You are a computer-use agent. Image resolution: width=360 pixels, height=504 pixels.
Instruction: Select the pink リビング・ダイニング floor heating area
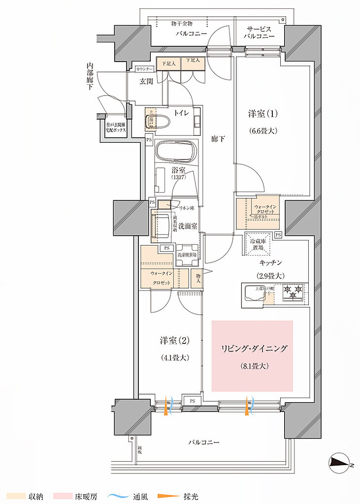[x=252, y=356]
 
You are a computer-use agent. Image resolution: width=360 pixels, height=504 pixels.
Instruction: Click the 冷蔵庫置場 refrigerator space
[x=259, y=244]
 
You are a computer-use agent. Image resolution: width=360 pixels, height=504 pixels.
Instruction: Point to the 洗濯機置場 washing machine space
[x=187, y=254]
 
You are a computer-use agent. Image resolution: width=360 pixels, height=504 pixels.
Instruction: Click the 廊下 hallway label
[x=218, y=139]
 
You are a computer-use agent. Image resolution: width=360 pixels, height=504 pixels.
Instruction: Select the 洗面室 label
[x=188, y=226]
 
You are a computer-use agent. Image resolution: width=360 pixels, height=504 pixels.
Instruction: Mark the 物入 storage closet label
[x=198, y=279]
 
